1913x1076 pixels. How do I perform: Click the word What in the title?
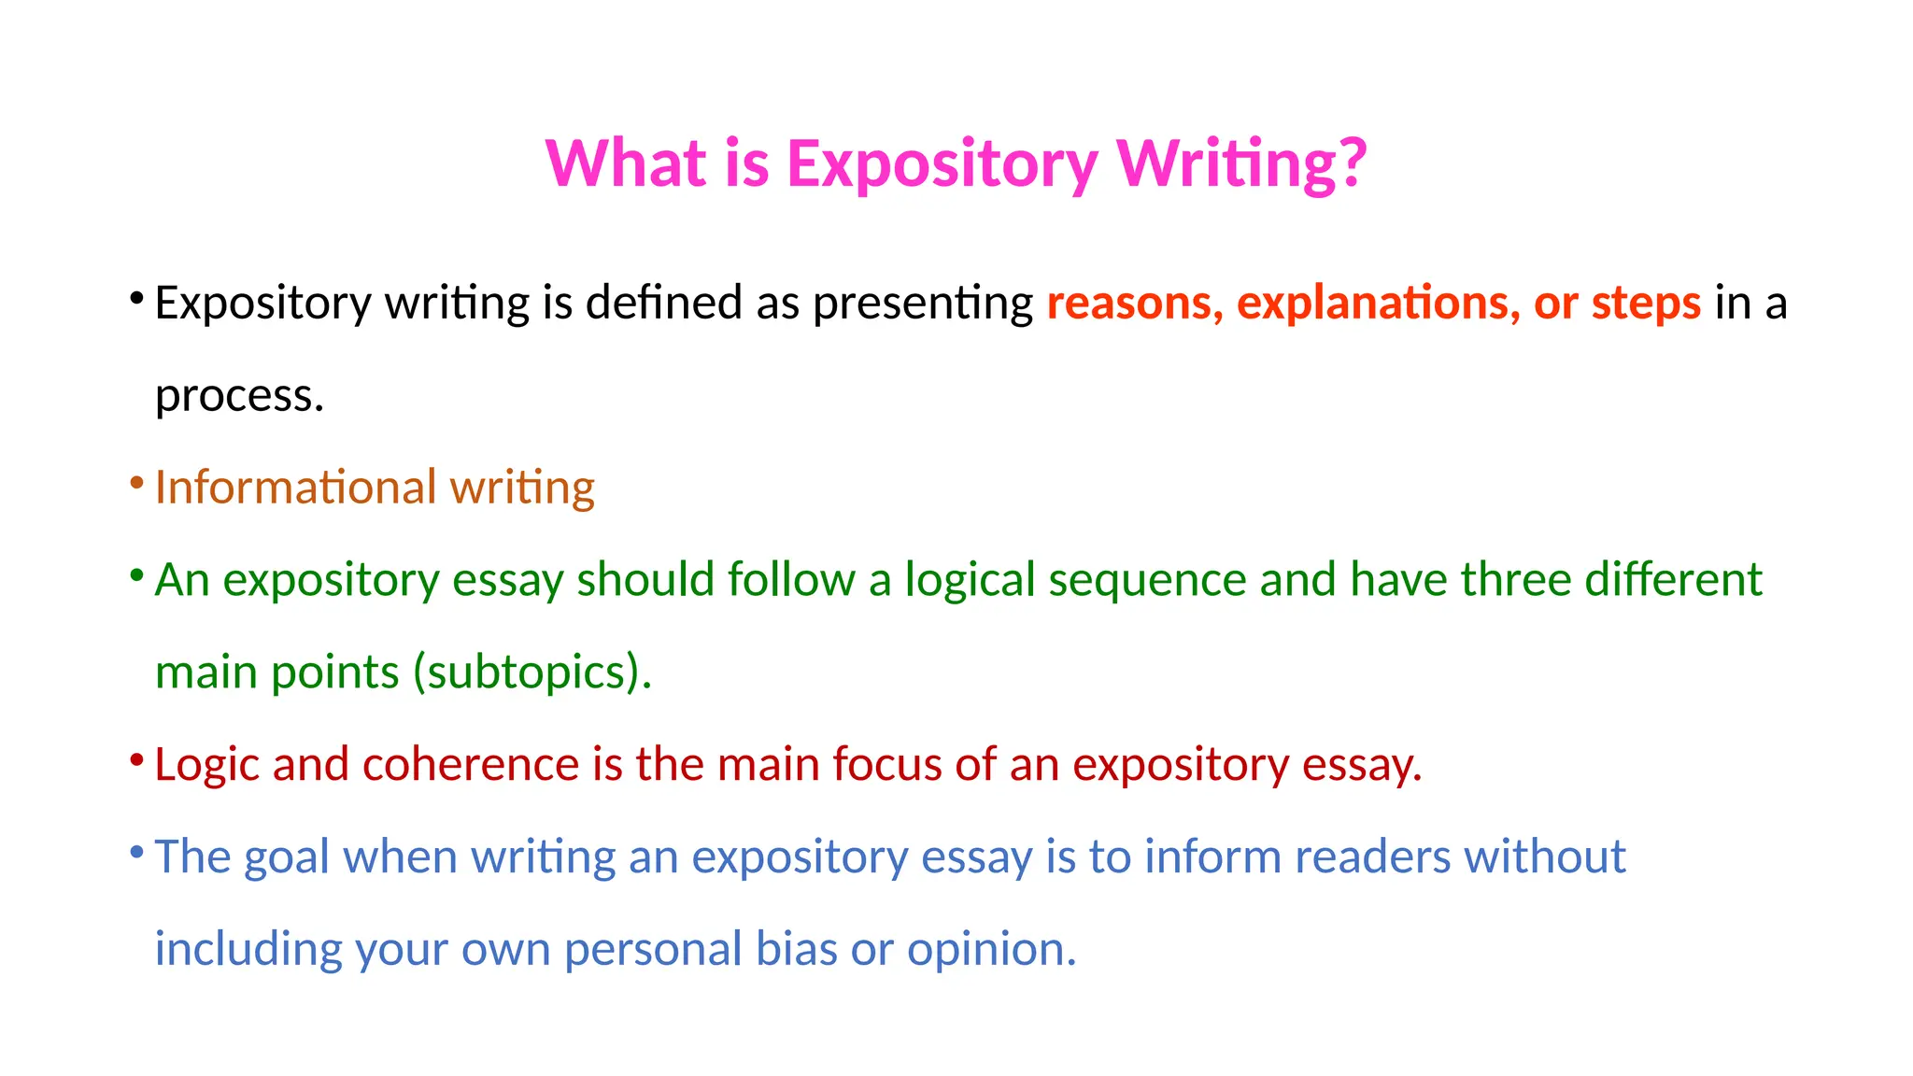pyautogui.click(x=627, y=163)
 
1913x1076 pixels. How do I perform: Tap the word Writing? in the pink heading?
pyautogui.click(x=1242, y=163)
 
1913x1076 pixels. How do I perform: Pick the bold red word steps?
pyautogui.click(x=1646, y=303)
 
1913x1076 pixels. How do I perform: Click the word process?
pyautogui.click(x=239, y=396)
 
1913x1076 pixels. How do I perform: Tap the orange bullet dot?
pyautogui.click(x=136, y=483)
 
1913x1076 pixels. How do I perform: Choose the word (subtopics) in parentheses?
pyautogui.click(x=531, y=672)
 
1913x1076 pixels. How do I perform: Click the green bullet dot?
pyautogui.click(x=136, y=575)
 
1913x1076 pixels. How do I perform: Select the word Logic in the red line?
pyautogui.click(x=206, y=765)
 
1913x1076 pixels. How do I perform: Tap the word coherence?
pyautogui.click(x=471, y=764)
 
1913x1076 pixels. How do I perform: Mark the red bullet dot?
pyautogui.click(x=136, y=759)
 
